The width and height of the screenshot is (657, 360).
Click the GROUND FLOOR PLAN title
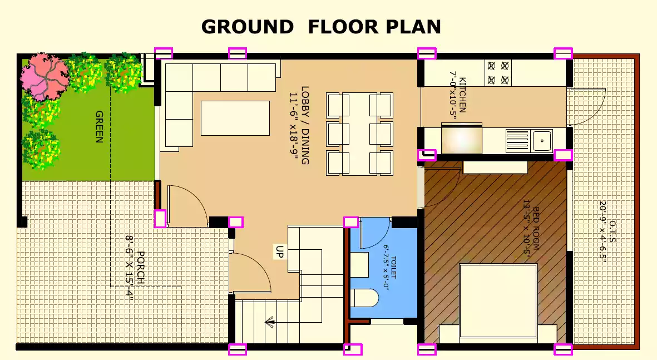321,27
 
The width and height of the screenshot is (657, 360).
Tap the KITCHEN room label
462,95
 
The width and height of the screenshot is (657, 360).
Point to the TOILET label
393,268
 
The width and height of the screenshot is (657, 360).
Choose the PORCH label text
141,268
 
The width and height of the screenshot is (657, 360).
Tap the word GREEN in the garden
100,126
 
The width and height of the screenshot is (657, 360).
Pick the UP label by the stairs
279,251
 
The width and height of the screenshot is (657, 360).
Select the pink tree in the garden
44,77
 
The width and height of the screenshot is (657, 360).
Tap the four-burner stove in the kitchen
498,72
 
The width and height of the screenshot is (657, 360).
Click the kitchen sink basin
542,140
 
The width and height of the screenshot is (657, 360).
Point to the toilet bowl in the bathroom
364,298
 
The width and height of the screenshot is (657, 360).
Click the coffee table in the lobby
235,118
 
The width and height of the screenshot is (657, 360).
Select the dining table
359,134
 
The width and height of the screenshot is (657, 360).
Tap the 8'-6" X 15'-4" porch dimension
130,268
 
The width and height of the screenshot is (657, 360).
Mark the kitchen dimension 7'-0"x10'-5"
453,95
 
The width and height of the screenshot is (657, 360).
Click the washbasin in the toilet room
359,264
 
